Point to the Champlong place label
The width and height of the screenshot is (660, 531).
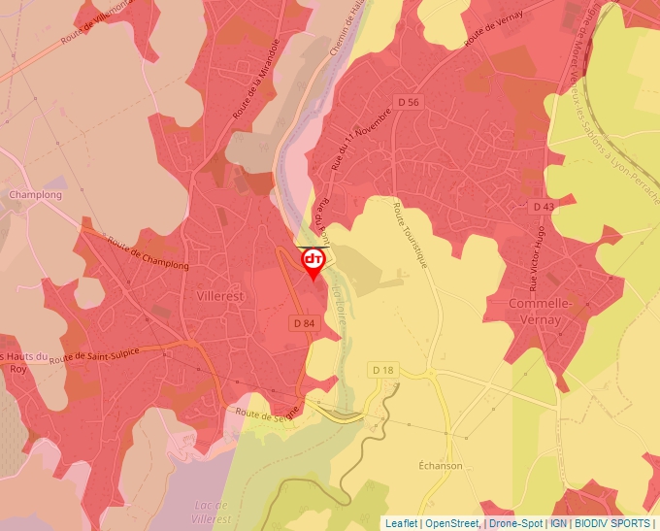35,195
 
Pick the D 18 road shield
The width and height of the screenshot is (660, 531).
382,370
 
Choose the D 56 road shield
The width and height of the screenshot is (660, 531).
409,102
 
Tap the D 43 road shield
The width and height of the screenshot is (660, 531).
543,207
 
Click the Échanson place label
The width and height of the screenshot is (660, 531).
441,466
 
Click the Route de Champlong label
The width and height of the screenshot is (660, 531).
148,254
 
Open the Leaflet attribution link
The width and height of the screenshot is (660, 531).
401,523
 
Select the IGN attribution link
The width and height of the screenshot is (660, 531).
559,523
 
